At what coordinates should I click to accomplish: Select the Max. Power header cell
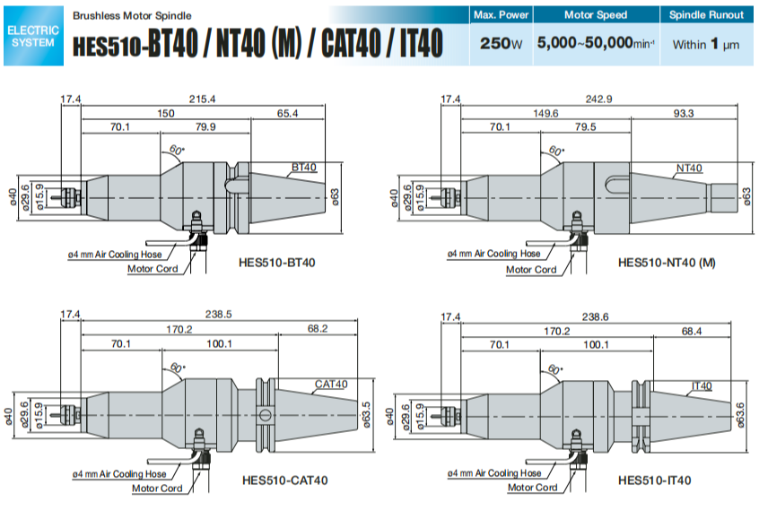tap(500, 14)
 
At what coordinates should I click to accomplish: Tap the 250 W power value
tap(500, 43)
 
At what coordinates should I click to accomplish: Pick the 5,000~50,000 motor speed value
tap(595, 43)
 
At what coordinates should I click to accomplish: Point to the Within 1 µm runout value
tap(706, 43)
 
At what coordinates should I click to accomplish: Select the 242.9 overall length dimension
tap(598, 99)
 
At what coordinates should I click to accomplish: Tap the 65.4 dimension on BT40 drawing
tap(287, 113)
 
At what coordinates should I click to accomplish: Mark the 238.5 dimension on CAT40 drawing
tap(217, 315)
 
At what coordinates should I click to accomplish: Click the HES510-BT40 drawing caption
tap(277, 263)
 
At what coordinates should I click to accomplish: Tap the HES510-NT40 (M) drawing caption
tap(667, 263)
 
